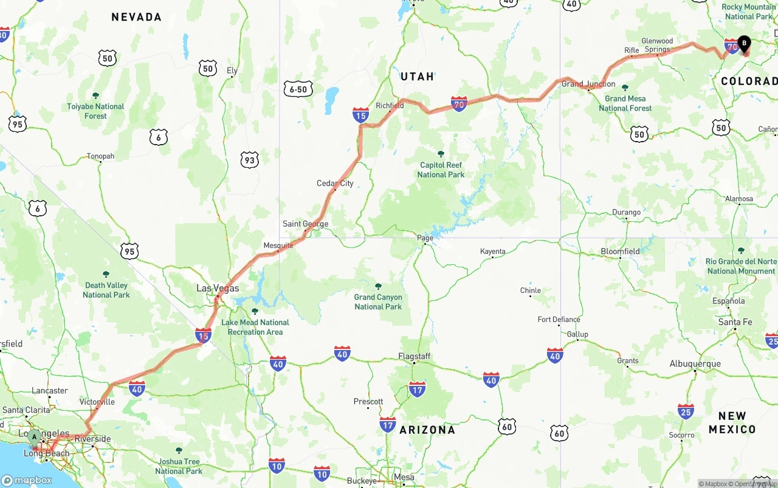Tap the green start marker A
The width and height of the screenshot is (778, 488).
click(x=35, y=436)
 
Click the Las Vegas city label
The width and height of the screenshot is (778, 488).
click(x=218, y=288)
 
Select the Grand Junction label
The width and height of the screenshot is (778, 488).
click(x=588, y=84)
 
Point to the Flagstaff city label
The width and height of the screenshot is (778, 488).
click(x=415, y=356)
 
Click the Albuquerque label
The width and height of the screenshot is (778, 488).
click(x=695, y=364)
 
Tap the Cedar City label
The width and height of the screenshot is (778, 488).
click(x=335, y=183)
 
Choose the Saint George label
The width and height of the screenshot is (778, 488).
click(x=305, y=224)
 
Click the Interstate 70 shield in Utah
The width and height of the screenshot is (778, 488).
click(x=459, y=104)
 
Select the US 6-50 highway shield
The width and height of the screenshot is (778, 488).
click(x=298, y=89)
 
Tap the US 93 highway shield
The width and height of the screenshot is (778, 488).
click(x=249, y=160)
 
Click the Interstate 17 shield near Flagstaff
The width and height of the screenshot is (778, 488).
click(x=417, y=390)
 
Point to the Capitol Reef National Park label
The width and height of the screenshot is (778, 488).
click(x=441, y=170)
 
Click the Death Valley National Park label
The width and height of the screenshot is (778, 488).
click(x=106, y=290)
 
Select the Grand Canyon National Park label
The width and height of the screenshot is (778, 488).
click(x=378, y=302)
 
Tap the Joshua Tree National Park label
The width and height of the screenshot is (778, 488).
click(x=179, y=466)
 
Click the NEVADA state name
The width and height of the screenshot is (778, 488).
click(x=136, y=17)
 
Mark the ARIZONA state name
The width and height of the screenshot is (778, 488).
click(x=427, y=430)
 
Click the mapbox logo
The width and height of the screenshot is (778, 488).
click(x=27, y=480)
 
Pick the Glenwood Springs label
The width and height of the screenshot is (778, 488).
click(x=657, y=45)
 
